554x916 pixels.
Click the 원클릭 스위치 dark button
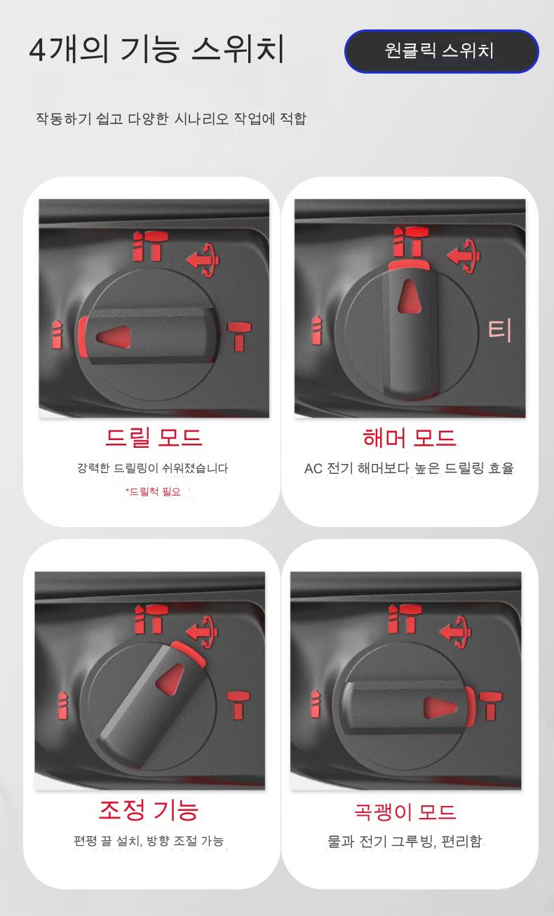442,52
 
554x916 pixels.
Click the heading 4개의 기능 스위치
156,50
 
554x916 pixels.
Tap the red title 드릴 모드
154,437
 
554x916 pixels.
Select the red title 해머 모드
409,437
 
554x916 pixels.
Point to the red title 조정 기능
149,810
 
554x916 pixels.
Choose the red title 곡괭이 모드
405,812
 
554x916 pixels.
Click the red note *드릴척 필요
153,491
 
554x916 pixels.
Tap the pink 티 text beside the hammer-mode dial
499,331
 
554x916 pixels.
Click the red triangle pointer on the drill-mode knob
114,336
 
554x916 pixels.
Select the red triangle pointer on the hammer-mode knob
409,296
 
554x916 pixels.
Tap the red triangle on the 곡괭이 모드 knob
440,708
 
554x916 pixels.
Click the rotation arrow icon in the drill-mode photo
203,260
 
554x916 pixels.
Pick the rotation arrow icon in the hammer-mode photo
464,256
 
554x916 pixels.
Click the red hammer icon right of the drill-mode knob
239,336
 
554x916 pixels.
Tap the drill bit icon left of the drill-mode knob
58,335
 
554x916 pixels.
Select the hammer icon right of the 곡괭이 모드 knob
491,706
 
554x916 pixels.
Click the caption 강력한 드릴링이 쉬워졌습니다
153,468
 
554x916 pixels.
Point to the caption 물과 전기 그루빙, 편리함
405,841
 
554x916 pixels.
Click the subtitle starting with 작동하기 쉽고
171,118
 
